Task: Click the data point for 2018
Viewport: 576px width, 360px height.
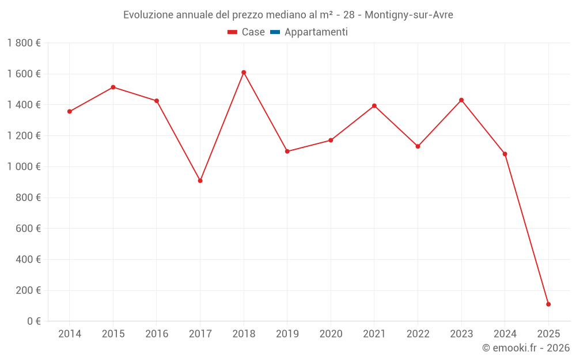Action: click(x=244, y=73)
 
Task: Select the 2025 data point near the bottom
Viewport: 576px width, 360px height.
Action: click(x=548, y=304)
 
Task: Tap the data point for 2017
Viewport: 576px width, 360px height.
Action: click(x=200, y=181)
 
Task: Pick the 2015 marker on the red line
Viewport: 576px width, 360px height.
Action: click(x=113, y=87)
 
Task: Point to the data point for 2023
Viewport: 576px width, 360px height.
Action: click(x=461, y=100)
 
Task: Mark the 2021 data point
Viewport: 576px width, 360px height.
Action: click(x=374, y=106)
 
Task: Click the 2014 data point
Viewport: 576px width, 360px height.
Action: click(x=70, y=112)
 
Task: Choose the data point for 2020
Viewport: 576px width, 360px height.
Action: click(x=331, y=140)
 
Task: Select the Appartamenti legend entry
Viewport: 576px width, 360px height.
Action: click(x=316, y=32)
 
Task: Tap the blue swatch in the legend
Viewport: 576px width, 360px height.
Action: click(x=275, y=32)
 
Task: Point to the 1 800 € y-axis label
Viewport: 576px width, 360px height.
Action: click(x=24, y=43)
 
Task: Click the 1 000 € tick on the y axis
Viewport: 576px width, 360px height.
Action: click(x=24, y=166)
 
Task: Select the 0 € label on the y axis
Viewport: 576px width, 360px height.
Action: click(x=34, y=321)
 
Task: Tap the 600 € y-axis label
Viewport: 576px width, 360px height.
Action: click(x=29, y=229)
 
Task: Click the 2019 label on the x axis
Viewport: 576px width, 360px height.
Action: click(x=287, y=334)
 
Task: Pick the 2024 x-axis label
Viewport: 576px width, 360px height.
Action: click(x=505, y=334)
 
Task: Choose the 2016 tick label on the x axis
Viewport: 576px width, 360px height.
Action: click(x=157, y=334)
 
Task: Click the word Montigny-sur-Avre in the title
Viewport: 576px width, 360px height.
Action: click(x=409, y=15)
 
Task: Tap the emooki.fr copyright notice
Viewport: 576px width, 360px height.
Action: click(x=525, y=348)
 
